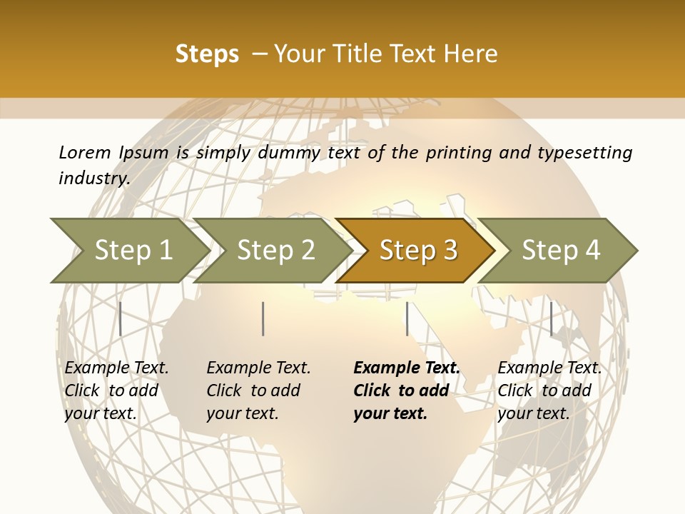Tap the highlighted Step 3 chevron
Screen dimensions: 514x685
pos(418,251)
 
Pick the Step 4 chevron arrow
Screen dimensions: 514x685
pos(561,251)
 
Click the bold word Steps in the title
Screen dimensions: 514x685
pos(207,54)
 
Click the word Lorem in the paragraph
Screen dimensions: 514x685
pos(84,152)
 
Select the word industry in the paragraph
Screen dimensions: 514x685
pos(93,178)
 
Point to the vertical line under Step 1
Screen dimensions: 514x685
pos(121,318)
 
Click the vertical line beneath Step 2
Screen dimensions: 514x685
pos(263,318)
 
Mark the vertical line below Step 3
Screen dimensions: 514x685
pos(407,318)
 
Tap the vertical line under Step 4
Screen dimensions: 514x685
pos(551,318)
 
